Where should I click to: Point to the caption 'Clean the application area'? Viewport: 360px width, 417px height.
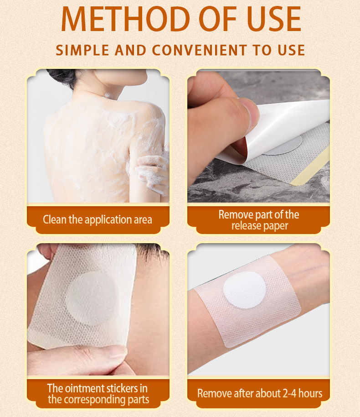pyautogui.click(x=98, y=219)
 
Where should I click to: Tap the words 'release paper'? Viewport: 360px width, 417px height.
pyautogui.click(x=260, y=226)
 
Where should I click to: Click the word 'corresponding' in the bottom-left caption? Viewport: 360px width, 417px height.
pyautogui.click(x=103, y=400)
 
